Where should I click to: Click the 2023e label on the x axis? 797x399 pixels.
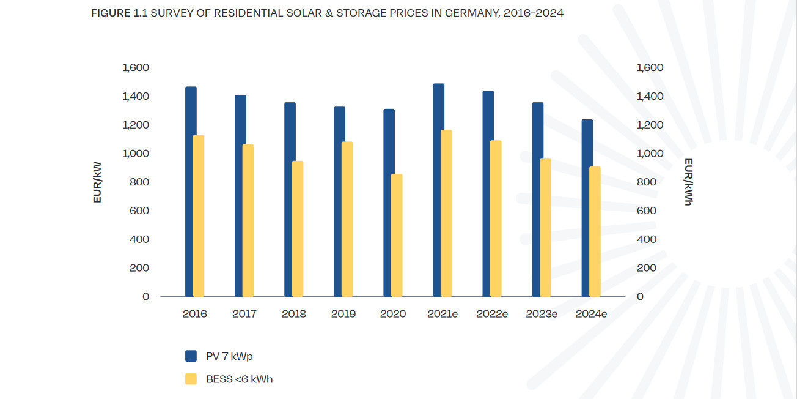pos(542,314)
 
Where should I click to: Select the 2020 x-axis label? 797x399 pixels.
pos(393,314)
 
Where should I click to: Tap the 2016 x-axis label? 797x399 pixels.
pos(194,314)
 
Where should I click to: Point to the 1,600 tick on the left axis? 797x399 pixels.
pos(136,67)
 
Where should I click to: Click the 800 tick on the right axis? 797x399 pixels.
pos(646,182)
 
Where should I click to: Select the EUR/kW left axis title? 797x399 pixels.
pos(97,181)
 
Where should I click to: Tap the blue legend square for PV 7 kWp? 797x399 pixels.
pos(191,356)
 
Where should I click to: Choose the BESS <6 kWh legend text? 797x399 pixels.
pos(239,379)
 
